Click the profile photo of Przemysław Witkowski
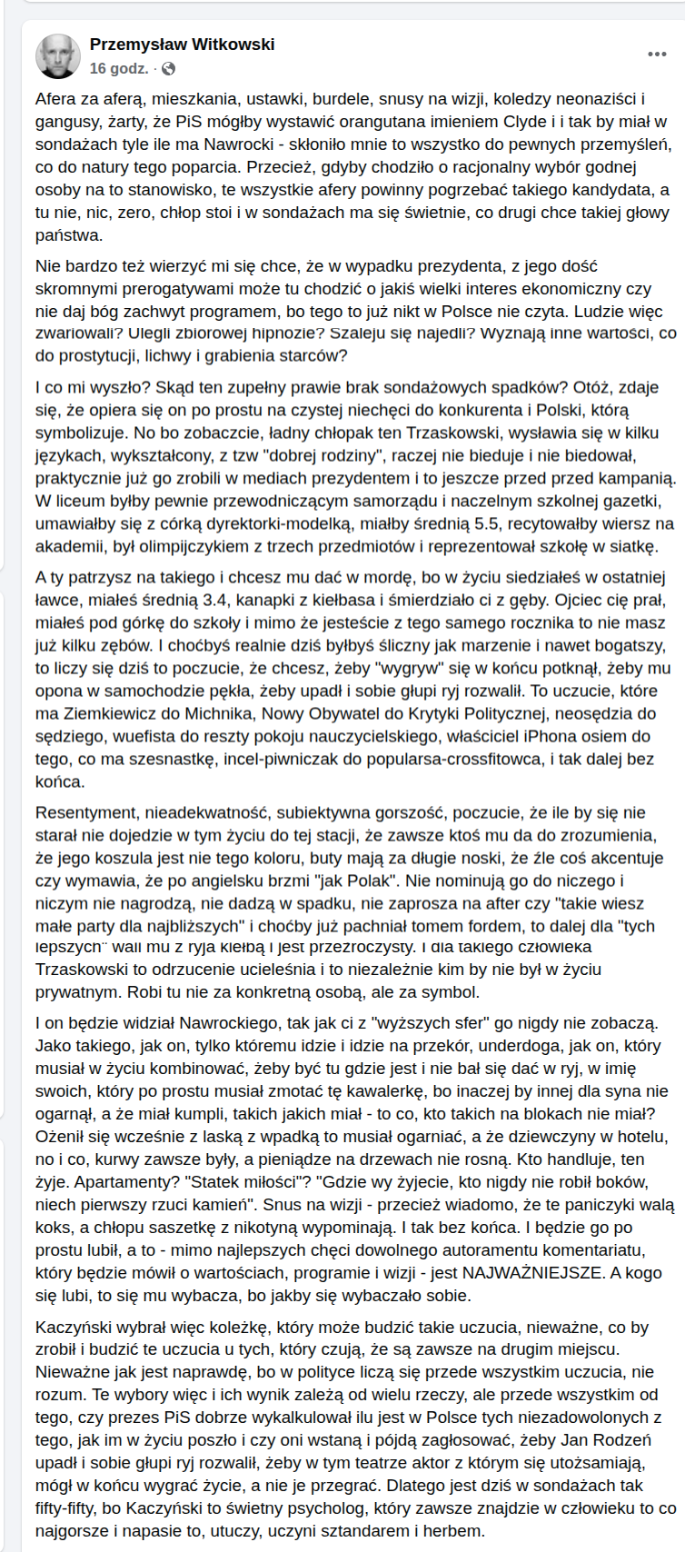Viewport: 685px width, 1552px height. pyautogui.click(x=57, y=56)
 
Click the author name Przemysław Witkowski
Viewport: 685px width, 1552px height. pyautogui.click(x=182, y=45)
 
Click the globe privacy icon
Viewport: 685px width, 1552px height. pyautogui.click(x=168, y=69)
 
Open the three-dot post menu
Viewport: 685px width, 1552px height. pyautogui.click(x=657, y=55)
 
